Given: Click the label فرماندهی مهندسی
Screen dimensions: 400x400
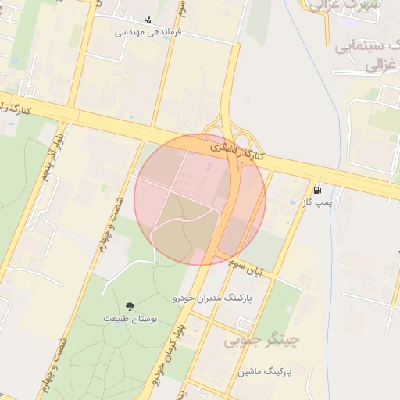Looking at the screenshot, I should coord(148,32).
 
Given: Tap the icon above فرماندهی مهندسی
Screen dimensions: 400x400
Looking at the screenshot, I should coord(148,20).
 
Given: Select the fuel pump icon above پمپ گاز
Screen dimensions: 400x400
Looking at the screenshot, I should coord(316,189).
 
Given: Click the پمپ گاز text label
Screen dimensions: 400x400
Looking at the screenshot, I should coord(319,202).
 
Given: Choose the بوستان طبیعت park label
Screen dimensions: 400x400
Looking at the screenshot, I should coord(130,320).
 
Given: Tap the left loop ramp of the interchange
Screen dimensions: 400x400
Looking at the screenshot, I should coord(212,134).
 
